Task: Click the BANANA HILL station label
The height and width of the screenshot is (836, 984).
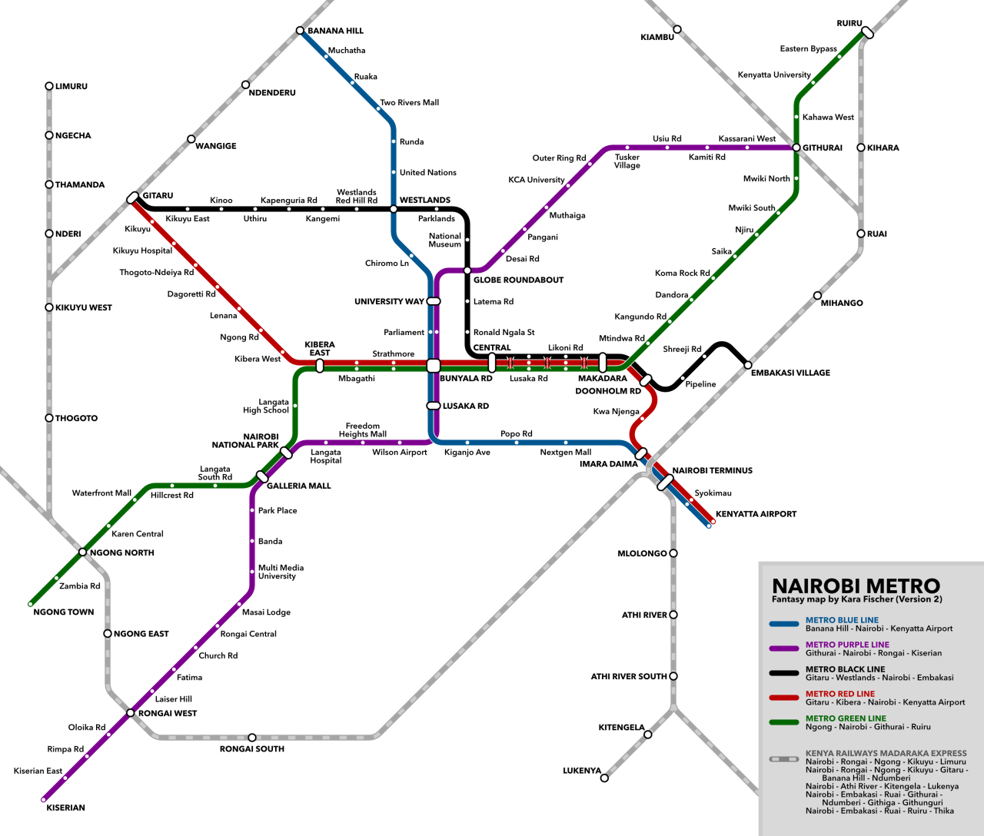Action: [x=335, y=31]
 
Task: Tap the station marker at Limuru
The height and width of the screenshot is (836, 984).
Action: [x=49, y=86]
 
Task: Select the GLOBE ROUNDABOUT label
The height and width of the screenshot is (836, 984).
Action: [x=518, y=280]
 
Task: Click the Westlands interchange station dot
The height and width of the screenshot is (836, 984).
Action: [x=394, y=209]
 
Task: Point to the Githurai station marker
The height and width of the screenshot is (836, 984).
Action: [x=796, y=148]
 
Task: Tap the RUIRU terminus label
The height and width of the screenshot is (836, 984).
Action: [x=849, y=23]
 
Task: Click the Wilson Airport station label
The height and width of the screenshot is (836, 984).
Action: [x=399, y=452]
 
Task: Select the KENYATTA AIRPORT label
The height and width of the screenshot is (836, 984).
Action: [x=756, y=514]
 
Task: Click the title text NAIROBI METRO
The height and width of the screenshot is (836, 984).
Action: [x=856, y=586]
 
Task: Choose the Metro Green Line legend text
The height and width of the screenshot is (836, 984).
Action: [x=846, y=718]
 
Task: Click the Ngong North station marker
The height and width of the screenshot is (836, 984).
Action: [x=83, y=552]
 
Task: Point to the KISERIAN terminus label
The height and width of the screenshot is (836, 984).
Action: [x=65, y=808]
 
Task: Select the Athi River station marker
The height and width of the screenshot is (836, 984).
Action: [x=673, y=615]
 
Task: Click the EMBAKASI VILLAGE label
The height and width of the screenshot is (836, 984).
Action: [x=790, y=373]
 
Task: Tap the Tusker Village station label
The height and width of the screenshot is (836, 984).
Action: [x=627, y=161]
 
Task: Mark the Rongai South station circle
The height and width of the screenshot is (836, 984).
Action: [x=252, y=738]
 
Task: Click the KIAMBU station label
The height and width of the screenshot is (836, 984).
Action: [x=657, y=37]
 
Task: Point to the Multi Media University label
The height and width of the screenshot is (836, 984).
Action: [x=281, y=572]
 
